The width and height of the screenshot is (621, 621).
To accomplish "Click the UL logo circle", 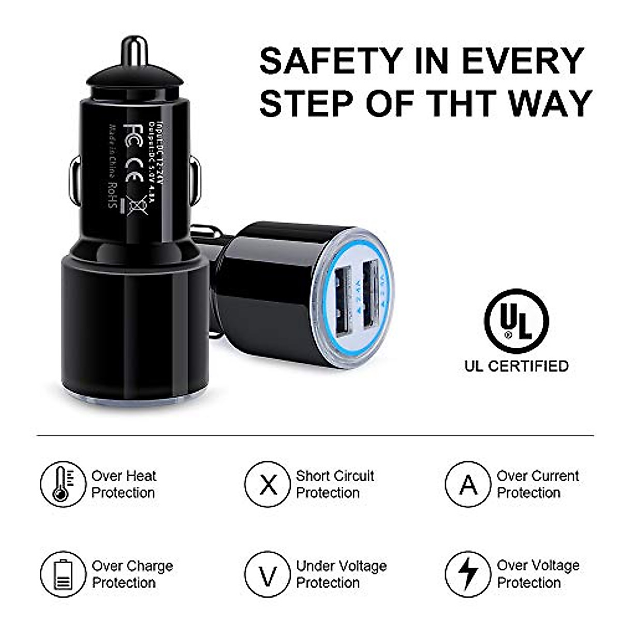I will (x=516, y=321).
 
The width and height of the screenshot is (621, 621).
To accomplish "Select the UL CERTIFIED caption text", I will (x=516, y=366).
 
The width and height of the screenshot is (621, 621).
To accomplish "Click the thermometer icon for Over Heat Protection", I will (x=63, y=484).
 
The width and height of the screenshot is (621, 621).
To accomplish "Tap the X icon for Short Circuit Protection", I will (x=268, y=484).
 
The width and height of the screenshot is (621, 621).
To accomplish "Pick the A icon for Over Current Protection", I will (x=468, y=484).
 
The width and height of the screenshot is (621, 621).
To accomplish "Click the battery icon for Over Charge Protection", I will (x=63, y=574).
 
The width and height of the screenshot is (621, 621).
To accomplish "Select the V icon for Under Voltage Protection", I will (x=268, y=574).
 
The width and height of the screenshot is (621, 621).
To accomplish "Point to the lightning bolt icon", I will (x=468, y=574).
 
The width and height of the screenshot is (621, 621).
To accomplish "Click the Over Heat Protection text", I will (x=124, y=484).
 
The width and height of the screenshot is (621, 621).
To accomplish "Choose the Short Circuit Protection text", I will (x=334, y=484).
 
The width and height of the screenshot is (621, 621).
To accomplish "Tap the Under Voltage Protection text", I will (x=341, y=574).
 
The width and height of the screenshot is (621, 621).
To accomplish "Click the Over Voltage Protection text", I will (x=538, y=574).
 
